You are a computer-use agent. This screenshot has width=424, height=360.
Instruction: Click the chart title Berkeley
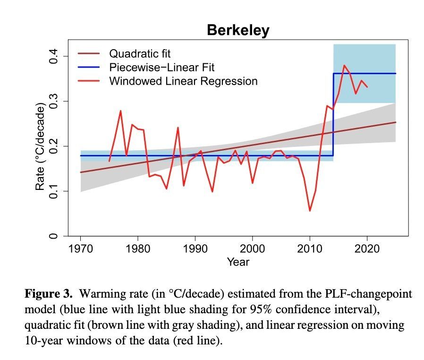[x=238, y=31]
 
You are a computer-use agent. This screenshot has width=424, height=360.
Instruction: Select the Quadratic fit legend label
[x=139, y=53]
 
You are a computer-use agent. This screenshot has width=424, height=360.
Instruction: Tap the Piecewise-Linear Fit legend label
[x=161, y=67]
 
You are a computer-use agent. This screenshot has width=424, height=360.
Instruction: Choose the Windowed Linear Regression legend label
[x=183, y=81]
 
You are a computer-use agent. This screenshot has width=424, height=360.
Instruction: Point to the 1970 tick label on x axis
[x=80, y=249]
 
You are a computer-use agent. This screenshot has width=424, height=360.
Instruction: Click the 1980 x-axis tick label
[x=137, y=249]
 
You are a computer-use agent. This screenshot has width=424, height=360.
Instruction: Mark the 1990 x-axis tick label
[x=195, y=249]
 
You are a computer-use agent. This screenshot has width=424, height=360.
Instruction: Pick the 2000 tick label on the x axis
[x=252, y=249]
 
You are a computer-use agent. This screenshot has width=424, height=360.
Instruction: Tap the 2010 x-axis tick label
[x=310, y=249]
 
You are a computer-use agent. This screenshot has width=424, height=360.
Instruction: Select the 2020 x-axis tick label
[x=367, y=249]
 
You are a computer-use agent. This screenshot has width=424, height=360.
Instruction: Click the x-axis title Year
[x=238, y=262]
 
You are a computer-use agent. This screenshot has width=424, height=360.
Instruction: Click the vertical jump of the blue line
[x=333, y=115]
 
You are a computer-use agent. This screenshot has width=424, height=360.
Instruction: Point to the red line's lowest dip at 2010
[x=310, y=210]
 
